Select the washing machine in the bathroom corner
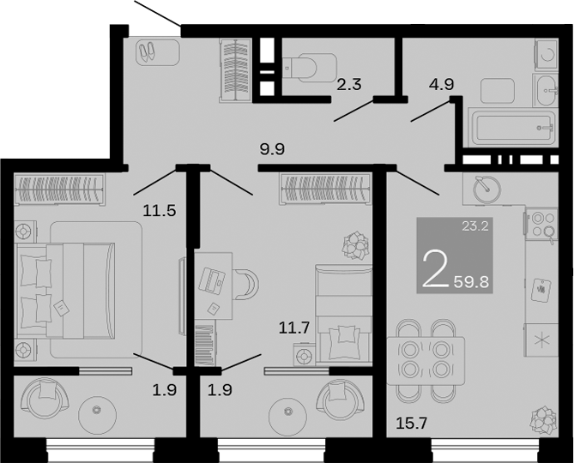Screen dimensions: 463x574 (x=547, y=54)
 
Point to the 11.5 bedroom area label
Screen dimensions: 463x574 (x=159, y=209)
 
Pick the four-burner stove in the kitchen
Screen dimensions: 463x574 (x=542, y=224)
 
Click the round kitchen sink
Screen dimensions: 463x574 (x=485, y=188)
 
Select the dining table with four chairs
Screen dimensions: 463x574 (x=426, y=352)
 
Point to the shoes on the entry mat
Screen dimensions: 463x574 (x=147, y=52)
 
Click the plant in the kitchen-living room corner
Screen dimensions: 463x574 (x=542, y=420)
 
